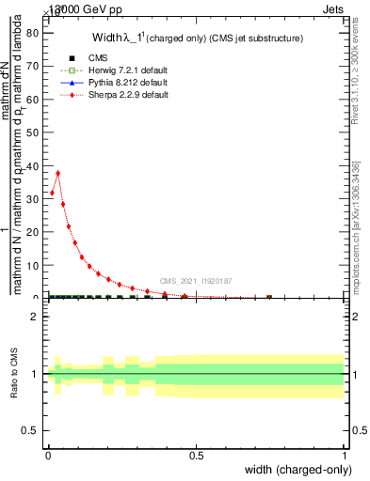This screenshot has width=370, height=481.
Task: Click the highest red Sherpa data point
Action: (58, 173)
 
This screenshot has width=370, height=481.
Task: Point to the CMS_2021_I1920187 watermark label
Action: (196, 281)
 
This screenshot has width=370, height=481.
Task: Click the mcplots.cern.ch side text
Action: (355, 225)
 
